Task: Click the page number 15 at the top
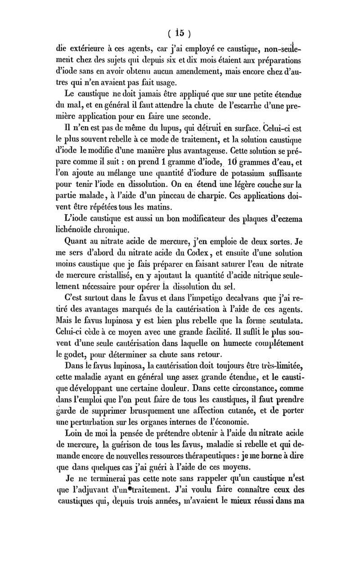180,32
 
